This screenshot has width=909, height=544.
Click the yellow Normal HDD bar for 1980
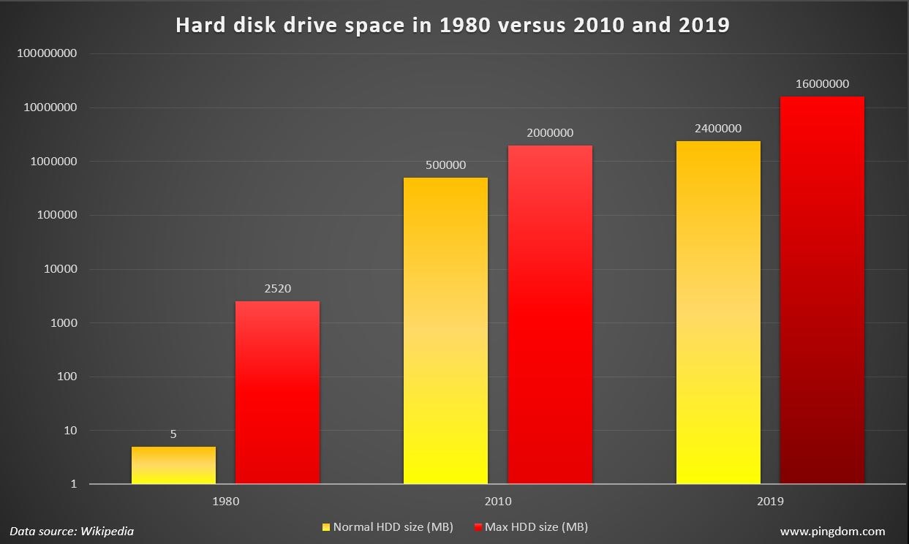coord(173,465)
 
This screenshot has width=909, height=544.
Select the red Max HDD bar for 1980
coord(277,393)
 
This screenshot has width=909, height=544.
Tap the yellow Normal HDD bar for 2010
coord(445,330)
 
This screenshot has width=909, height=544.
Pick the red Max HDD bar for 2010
coord(550,314)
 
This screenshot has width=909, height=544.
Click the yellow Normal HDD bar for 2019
coord(718,312)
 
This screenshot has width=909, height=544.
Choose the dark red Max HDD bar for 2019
coord(822,290)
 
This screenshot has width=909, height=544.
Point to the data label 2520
coord(277,289)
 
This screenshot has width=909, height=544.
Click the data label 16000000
coord(822,84)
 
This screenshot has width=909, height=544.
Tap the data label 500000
coord(445,165)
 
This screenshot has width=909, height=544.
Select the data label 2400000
coord(718,129)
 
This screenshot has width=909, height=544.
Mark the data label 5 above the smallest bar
coord(173,434)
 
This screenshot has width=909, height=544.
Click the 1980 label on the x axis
coord(225,502)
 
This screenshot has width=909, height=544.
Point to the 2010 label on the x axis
coord(498,502)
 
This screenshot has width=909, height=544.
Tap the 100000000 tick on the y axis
coord(46,54)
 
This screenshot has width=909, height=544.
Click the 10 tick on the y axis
coord(69,431)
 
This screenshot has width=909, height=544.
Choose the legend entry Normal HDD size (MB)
coord(393,526)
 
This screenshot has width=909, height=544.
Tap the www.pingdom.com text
coord(832,532)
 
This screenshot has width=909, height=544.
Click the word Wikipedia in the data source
coord(107,532)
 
